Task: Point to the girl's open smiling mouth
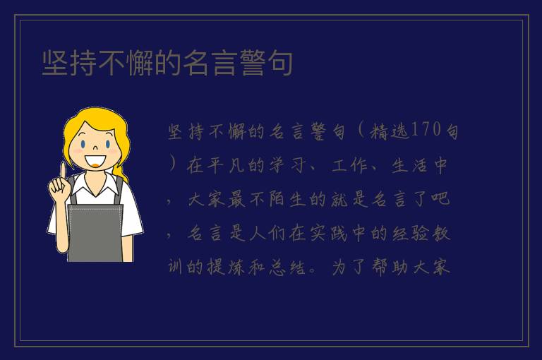coord(95,161)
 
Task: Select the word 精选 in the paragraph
coord(390,131)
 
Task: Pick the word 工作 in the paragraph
coord(349,165)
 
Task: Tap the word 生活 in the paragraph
coord(409,165)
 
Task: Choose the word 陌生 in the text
coord(288,199)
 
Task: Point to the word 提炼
coord(226,267)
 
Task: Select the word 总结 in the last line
coord(288,267)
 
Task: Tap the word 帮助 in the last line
coord(390,267)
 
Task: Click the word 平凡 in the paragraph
coord(227,165)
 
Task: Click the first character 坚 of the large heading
coord(55,63)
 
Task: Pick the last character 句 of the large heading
coord(280,63)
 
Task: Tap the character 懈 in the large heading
coord(140,63)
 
